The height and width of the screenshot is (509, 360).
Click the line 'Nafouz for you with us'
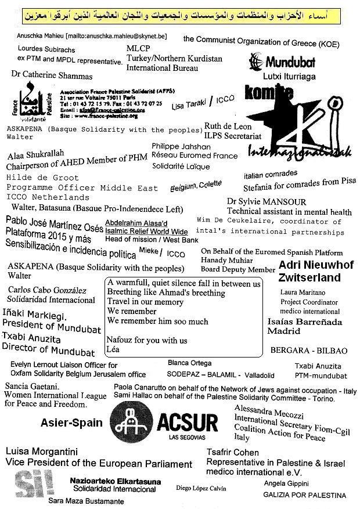(147, 340)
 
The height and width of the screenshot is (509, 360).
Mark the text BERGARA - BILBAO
(316, 351)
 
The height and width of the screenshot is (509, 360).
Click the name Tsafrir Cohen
(233, 453)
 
